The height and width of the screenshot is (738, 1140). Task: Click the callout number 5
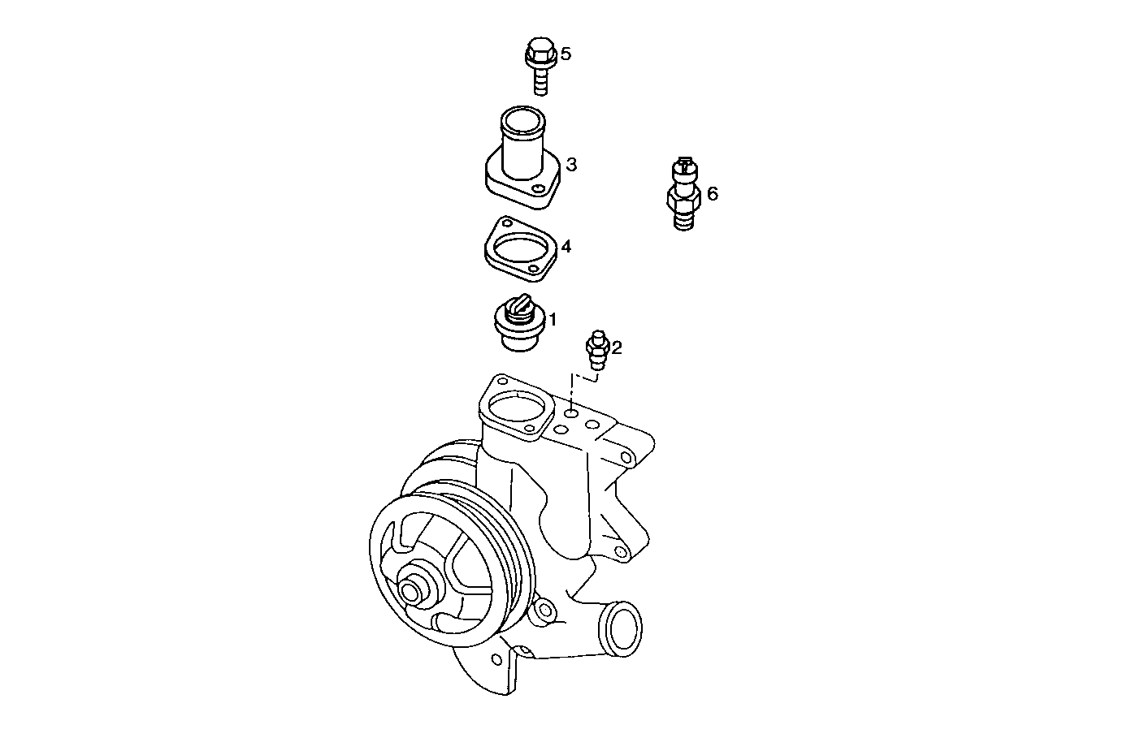tap(566, 54)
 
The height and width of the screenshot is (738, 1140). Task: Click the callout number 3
tap(571, 165)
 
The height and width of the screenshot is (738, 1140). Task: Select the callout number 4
tap(566, 245)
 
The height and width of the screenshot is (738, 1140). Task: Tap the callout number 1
tap(553, 319)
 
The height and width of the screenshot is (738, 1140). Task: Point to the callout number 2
tap(617, 348)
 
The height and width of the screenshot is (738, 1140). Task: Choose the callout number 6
tap(713, 193)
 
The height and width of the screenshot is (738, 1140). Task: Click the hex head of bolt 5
tap(537, 53)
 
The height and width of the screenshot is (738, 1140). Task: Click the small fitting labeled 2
tap(597, 349)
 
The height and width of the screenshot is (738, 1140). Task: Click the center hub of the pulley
tap(412, 590)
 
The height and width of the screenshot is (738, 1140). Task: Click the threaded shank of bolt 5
tap(539, 81)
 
